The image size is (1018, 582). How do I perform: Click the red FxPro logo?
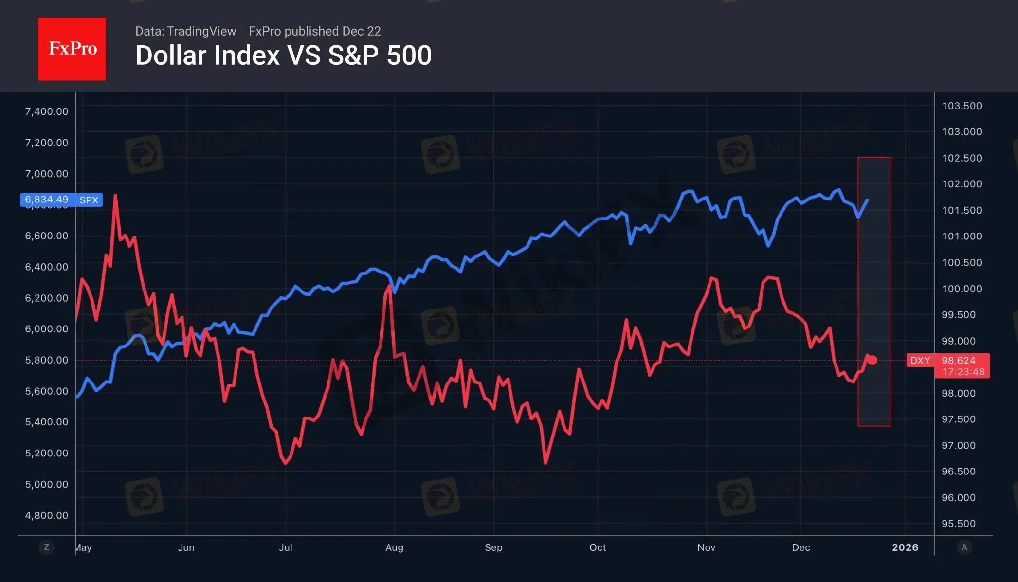tap(72, 49)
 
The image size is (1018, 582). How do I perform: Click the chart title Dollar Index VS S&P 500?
tap(283, 55)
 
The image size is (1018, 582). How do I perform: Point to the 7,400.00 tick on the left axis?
tap(47, 111)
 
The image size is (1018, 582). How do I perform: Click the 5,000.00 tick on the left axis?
tap(47, 484)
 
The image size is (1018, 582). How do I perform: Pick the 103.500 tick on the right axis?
tap(962, 106)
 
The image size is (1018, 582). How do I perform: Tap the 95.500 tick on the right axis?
tap(958, 524)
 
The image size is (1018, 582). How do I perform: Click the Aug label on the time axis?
tap(394, 547)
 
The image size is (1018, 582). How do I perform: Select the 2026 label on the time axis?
tap(905, 547)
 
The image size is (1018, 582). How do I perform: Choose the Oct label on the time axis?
tap(598, 547)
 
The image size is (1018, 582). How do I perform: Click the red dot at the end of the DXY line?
tap(873, 361)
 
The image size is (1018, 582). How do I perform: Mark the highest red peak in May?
tap(115, 196)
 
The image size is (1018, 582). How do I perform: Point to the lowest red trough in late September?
tap(545, 463)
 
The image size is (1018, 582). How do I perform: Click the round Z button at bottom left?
tap(47, 547)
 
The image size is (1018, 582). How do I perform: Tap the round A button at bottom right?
tap(964, 547)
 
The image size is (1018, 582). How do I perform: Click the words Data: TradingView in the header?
tap(185, 31)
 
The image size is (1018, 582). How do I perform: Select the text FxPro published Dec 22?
tap(314, 31)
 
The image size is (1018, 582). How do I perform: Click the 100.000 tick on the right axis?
tap(962, 289)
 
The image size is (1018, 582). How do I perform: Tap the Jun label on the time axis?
tap(186, 547)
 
